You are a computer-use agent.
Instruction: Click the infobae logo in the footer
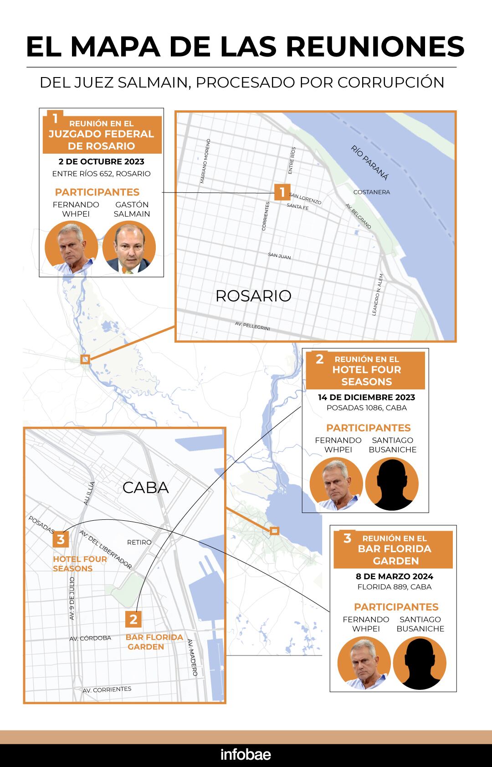[x=246, y=754]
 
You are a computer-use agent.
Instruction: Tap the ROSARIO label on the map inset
[x=253, y=296]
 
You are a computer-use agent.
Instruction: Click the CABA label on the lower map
[x=146, y=488]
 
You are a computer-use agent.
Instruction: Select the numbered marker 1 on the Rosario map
[x=282, y=192]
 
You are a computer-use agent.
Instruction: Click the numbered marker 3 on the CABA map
[x=61, y=540]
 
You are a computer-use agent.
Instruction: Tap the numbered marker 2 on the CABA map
[x=133, y=619]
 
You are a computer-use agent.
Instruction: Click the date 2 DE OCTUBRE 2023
[x=101, y=161]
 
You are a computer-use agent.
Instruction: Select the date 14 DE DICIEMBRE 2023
[x=366, y=397]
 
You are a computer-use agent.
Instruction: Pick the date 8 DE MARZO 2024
[x=394, y=576]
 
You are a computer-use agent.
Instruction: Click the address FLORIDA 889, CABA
[x=394, y=587]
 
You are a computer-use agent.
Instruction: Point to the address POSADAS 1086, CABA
[x=366, y=408]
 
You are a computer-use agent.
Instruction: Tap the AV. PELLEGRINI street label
[x=252, y=326]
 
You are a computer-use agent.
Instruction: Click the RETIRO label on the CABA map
[x=139, y=542]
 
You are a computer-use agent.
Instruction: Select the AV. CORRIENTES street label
[x=107, y=689]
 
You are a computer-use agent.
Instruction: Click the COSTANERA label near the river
[x=372, y=192]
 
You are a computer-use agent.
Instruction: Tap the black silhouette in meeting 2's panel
[x=392, y=484]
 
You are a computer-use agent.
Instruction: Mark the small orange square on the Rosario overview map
[x=85, y=359]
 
